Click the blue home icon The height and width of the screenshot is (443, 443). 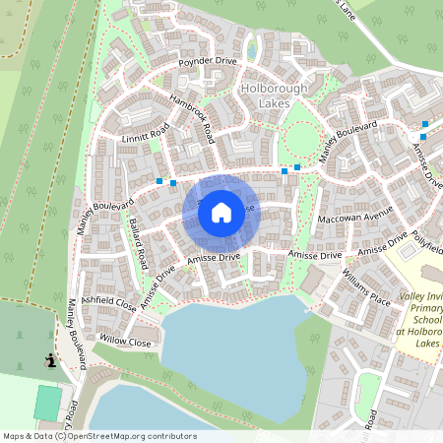[221, 211]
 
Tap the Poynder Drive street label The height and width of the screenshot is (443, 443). [208, 62]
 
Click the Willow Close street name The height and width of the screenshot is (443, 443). [126, 343]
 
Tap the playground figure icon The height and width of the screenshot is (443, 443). [48, 360]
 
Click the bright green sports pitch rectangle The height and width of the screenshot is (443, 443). [46, 402]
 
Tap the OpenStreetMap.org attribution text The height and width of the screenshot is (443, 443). [125, 436]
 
